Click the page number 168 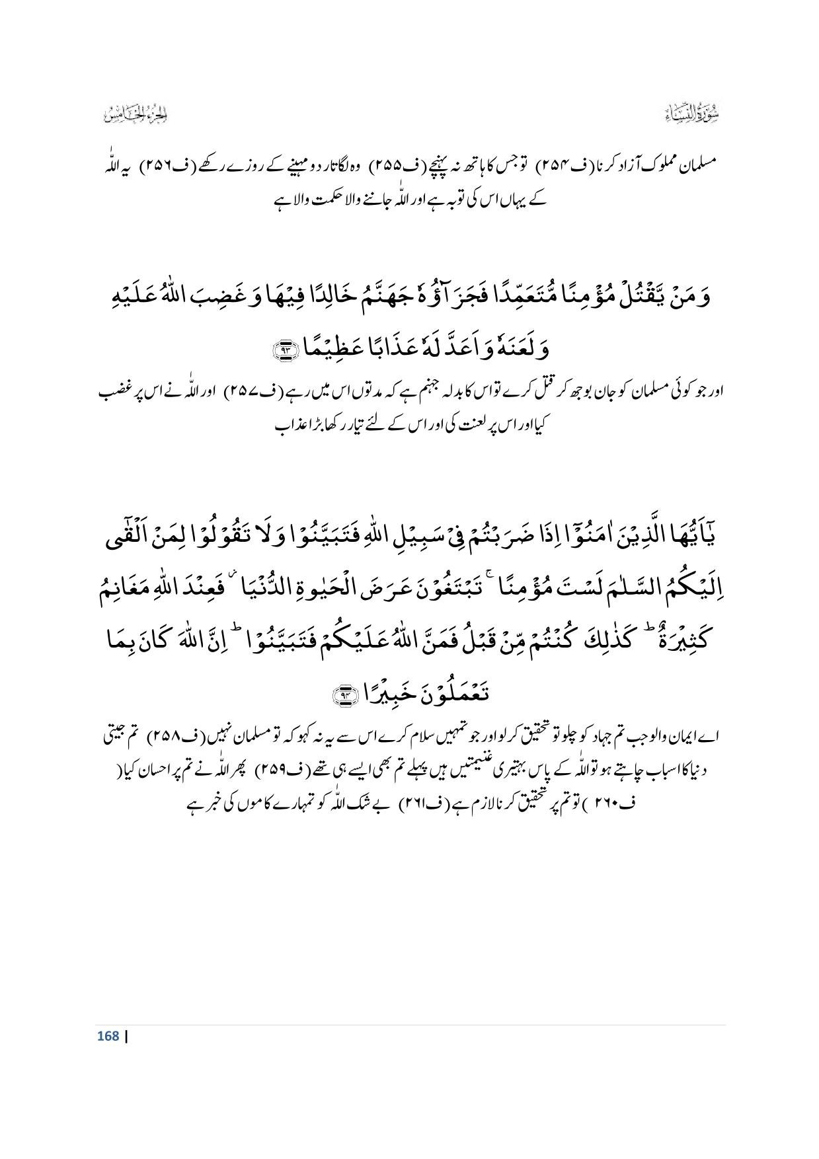coord(108,1035)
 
